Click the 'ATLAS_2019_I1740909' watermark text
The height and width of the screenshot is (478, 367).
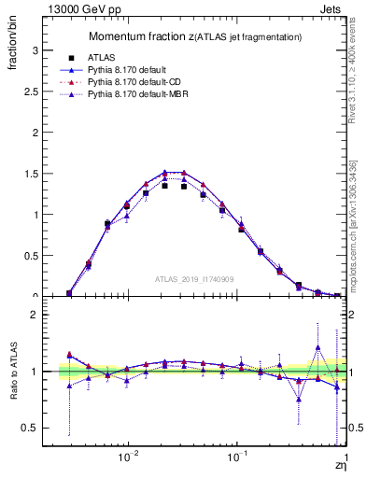tap(194, 278)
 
